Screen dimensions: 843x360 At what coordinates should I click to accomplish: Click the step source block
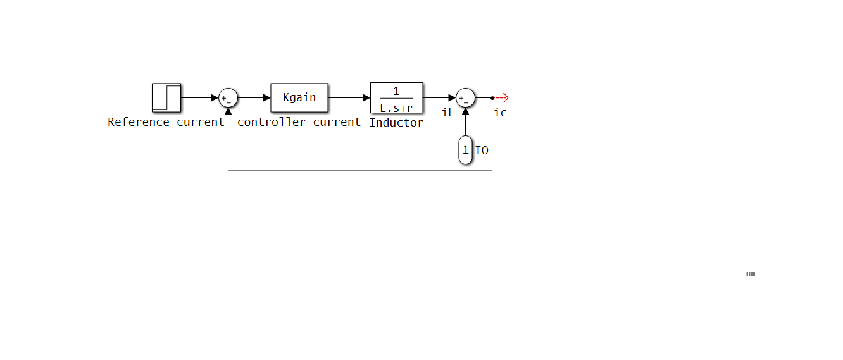click(166, 98)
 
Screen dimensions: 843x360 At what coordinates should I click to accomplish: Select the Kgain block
click(299, 98)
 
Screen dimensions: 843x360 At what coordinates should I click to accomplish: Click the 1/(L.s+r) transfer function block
click(397, 98)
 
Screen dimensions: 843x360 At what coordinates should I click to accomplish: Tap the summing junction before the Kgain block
click(228, 98)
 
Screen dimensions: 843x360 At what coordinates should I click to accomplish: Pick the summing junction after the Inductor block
click(466, 98)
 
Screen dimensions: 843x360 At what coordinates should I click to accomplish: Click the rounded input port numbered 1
click(466, 150)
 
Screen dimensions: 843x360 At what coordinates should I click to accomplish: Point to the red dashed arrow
click(501, 98)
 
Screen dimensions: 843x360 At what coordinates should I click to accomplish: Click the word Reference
click(139, 122)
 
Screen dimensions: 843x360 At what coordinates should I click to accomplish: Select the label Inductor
click(396, 123)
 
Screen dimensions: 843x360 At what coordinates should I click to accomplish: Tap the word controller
click(272, 122)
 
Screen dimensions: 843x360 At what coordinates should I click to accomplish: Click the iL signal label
click(448, 113)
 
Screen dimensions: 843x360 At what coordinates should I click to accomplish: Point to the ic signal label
click(500, 113)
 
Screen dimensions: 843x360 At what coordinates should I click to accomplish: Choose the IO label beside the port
click(482, 151)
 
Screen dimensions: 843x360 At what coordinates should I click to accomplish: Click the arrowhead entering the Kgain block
click(267, 98)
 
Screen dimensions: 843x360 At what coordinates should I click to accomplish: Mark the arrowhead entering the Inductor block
click(366, 98)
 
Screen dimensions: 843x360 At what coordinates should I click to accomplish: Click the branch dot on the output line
click(492, 98)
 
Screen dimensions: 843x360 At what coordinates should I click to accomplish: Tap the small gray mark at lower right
click(751, 274)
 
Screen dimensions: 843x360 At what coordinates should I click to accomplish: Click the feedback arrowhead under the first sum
click(228, 111)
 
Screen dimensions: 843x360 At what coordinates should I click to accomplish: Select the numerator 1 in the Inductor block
click(396, 91)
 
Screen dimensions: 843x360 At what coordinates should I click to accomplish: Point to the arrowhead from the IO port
click(466, 111)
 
